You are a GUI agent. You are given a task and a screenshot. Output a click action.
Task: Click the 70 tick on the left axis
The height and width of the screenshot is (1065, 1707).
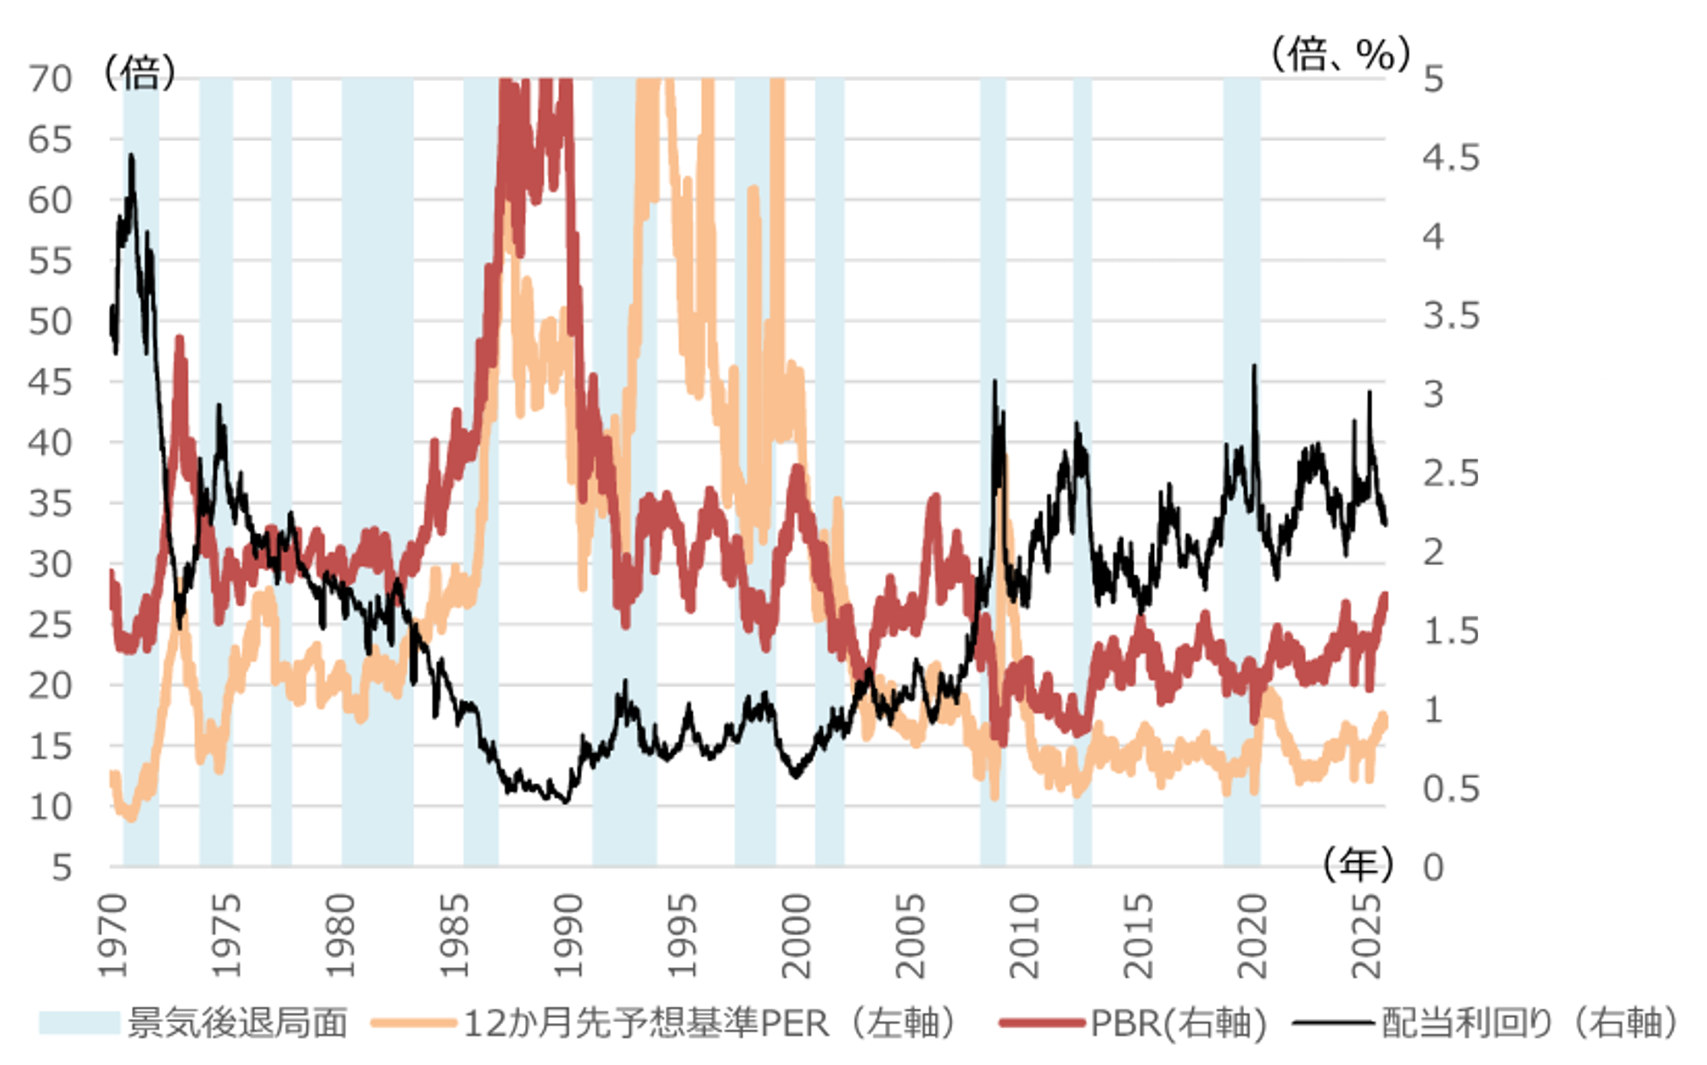(50, 79)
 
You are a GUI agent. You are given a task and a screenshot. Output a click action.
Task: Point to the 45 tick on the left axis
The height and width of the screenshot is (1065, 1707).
(50, 382)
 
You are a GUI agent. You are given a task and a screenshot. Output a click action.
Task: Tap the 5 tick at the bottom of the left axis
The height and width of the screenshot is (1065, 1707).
(61, 868)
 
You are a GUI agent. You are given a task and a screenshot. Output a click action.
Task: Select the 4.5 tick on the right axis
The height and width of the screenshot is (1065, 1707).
(1451, 158)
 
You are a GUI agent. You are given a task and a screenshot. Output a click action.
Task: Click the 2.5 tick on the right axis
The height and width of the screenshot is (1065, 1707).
(1451, 473)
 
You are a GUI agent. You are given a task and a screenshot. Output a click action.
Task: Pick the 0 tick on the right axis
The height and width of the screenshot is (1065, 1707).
(1434, 868)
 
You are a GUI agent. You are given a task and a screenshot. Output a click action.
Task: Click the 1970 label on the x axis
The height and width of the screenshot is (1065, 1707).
(113, 936)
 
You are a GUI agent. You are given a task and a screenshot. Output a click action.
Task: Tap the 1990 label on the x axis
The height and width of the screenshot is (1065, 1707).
(569, 936)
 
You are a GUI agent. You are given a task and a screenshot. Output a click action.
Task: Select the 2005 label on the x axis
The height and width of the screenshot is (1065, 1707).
(911, 936)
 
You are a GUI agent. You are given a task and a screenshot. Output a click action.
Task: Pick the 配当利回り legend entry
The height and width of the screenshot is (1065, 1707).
(1529, 1023)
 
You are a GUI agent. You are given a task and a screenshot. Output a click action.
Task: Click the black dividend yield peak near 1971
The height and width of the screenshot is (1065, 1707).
(132, 156)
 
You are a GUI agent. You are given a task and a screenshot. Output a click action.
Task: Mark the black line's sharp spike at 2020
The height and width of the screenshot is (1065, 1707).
(1254, 366)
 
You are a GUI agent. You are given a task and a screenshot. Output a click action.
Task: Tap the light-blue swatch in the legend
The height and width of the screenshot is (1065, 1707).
(79, 1023)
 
